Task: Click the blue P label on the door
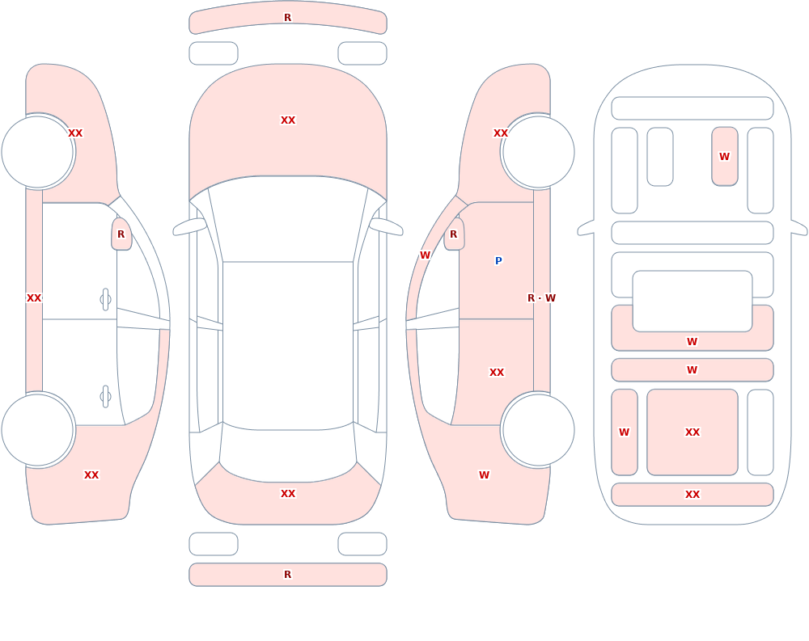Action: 498,261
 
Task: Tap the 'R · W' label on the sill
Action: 541,298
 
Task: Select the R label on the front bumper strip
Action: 288,18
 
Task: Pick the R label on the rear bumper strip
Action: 288,575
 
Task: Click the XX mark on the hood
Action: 288,120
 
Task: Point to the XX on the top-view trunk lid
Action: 288,494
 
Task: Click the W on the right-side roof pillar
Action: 425,255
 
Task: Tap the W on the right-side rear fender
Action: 484,475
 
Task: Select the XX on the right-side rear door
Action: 497,373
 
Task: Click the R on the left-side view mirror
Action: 121,234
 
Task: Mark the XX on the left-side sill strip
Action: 34,298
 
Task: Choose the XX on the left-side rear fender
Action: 91,475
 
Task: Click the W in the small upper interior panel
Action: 724,156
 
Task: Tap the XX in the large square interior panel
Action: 693,432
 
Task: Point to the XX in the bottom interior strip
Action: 693,495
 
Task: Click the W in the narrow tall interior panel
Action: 625,432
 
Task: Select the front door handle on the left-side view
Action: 105,300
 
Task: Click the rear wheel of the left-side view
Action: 38,429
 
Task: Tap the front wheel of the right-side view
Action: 538,152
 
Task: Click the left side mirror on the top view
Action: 190,226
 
